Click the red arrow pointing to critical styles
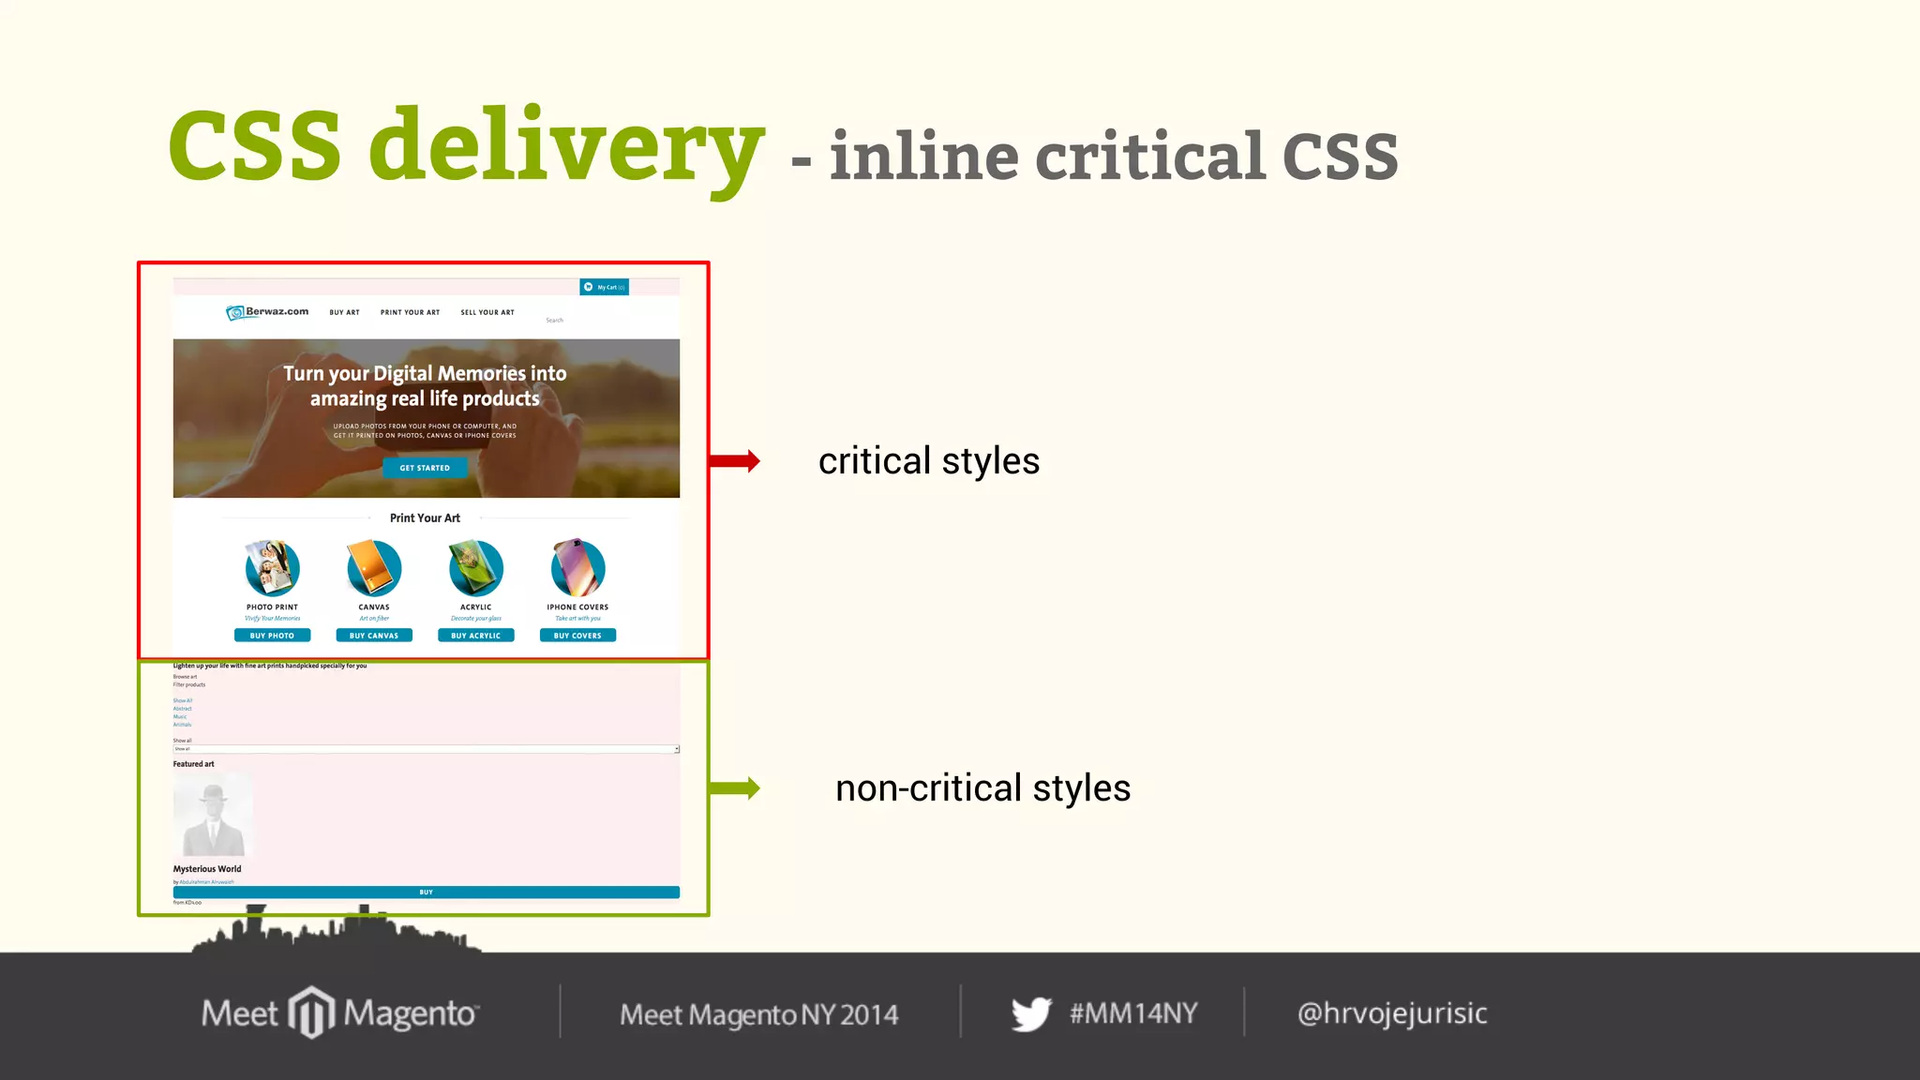(735, 460)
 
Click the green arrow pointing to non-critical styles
(735, 787)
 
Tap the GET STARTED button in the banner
(425, 468)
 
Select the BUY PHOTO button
(272, 636)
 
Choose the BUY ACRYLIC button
(475, 636)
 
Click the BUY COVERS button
(577, 636)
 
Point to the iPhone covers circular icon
(577, 568)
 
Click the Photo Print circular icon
(272, 568)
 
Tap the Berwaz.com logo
(267, 312)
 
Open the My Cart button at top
(605, 287)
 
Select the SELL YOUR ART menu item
(487, 312)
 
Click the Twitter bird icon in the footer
(1031, 1013)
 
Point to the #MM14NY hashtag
(1133, 1013)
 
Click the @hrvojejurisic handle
(1392, 1013)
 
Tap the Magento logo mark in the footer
(311, 1012)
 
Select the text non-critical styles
(982, 787)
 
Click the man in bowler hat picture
(213, 814)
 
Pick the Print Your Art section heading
(425, 517)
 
